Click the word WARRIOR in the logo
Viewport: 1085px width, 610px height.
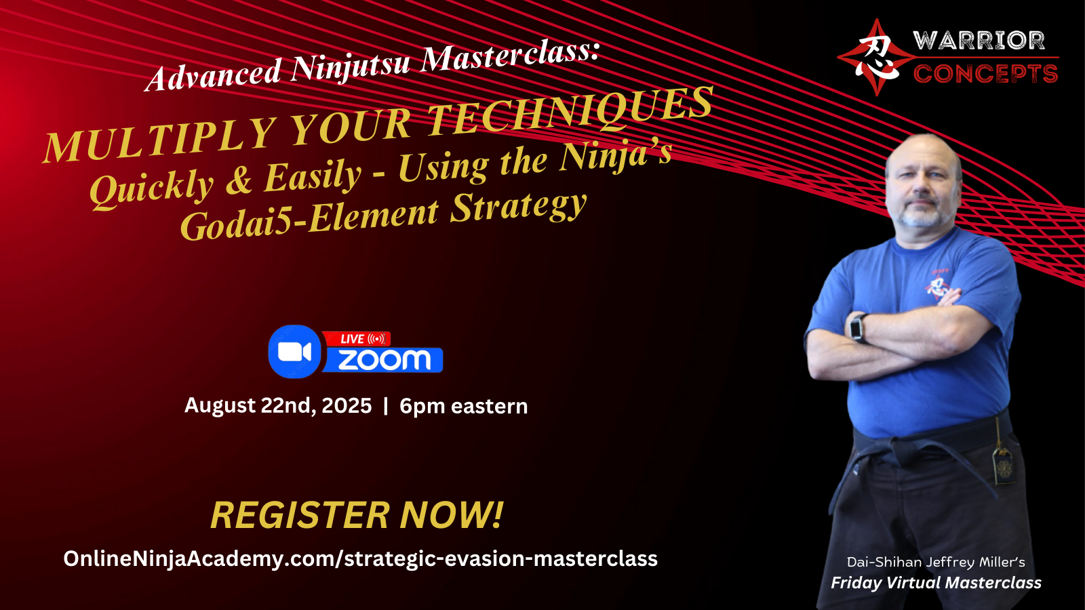click(x=979, y=40)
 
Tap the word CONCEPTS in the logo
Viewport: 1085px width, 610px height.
click(x=985, y=74)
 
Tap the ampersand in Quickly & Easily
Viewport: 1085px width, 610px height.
click(x=239, y=180)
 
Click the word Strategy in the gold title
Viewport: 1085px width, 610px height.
click(x=519, y=207)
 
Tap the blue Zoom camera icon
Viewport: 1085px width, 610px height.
click(x=294, y=352)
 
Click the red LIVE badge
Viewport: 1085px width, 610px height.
click(x=357, y=339)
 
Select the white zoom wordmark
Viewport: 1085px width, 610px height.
click(x=384, y=360)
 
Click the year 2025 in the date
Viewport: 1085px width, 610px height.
click(x=347, y=406)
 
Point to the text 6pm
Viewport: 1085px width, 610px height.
click(x=422, y=407)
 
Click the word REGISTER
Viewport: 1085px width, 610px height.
click(x=300, y=515)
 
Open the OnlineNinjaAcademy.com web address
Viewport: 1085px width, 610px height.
click(x=360, y=558)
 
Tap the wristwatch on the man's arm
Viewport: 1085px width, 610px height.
click(x=859, y=329)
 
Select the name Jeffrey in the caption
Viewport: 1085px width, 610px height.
click(x=950, y=563)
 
